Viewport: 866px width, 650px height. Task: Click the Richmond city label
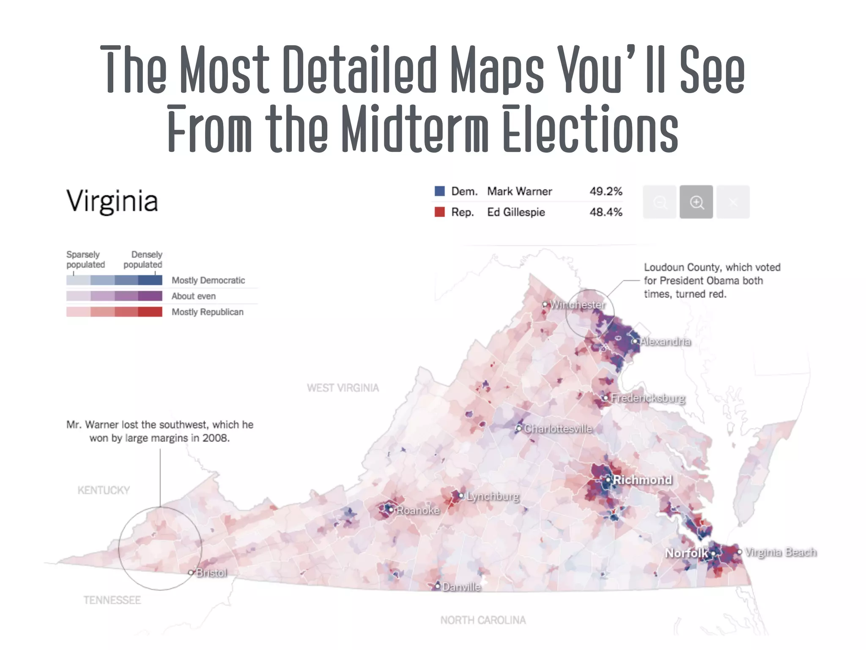point(642,479)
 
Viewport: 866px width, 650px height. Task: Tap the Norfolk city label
point(686,553)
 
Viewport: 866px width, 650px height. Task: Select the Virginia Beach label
point(780,552)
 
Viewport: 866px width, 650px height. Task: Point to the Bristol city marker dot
point(191,573)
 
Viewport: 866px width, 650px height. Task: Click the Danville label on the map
point(461,587)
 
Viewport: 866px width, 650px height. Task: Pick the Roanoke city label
point(418,510)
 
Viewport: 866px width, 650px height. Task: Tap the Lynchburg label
point(493,496)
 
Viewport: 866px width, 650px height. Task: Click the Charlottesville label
point(558,429)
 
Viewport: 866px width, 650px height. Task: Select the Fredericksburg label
point(648,398)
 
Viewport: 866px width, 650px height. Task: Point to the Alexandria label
point(665,342)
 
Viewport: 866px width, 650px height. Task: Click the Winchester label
point(577,305)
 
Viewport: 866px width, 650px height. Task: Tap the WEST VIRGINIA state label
point(343,388)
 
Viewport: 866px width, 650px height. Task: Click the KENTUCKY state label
point(104,490)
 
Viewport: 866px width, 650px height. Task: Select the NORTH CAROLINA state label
point(483,620)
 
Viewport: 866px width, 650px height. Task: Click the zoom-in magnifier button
point(696,202)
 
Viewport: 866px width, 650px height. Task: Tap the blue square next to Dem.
point(440,191)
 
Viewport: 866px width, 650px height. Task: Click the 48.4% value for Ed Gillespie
point(606,212)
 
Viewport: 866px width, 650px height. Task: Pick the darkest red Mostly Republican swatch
point(150,312)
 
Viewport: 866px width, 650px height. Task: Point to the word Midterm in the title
point(414,129)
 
